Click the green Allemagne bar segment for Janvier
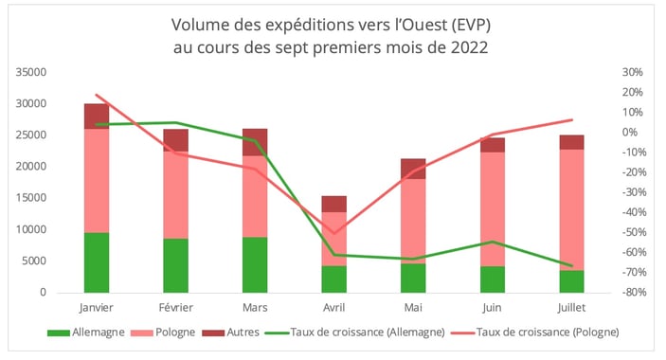(97, 262)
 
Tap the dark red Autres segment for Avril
(333, 204)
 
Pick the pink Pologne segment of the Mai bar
(412, 221)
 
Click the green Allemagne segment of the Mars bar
(255, 264)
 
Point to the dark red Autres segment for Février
(175, 140)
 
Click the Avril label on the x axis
(333, 307)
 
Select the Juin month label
(491, 307)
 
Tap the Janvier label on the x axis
(97, 307)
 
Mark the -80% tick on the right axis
(630, 293)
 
